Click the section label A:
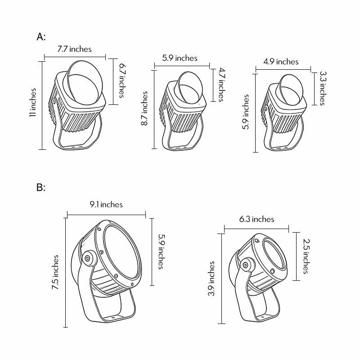(41, 36)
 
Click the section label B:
(41, 187)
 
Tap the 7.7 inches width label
(74, 49)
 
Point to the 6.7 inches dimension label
(122, 81)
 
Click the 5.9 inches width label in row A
(180, 58)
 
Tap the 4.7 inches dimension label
(220, 84)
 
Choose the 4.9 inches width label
(281, 62)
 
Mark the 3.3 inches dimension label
(322, 88)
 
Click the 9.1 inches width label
(106, 204)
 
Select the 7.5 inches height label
(55, 272)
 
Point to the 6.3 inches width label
(256, 219)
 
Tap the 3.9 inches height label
(211, 279)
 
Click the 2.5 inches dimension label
(306, 256)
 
